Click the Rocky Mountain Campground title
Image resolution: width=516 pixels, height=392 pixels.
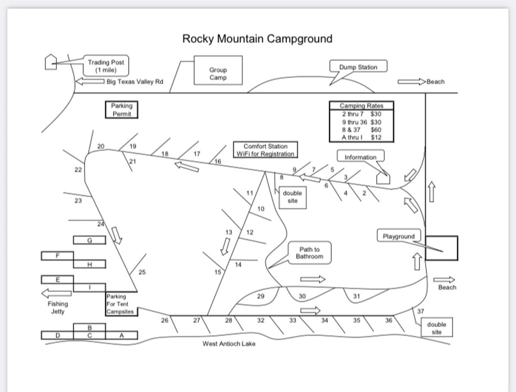click(x=257, y=39)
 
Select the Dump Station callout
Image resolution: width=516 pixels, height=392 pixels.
click(x=358, y=67)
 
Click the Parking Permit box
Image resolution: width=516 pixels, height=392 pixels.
click(x=122, y=109)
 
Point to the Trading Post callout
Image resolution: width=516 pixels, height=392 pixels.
click(x=106, y=66)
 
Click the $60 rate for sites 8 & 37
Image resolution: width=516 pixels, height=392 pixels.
click(x=376, y=130)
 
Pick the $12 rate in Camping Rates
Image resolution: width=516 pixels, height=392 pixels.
click(x=376, y=137)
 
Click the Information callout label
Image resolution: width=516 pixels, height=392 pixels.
click(x=360, y=157)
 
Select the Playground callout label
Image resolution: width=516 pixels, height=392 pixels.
click(x=399, y=236)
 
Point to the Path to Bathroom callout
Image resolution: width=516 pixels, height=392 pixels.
click(x=309, y=253)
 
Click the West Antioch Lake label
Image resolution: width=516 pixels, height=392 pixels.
click(x=229, y=343)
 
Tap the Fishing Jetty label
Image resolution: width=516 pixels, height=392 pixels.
click(x=58, y=307)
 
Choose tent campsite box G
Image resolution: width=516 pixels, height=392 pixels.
click(x=89, y=240)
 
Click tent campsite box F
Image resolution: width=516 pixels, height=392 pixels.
click(x=57, y=256)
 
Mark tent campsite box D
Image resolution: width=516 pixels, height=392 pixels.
click(x=57, y=335)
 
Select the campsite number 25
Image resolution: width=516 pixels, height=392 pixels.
click(x=142, y=271)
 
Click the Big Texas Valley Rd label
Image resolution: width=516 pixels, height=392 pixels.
click(x=135, y=82)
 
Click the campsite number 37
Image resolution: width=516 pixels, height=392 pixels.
click(x=421, y=311)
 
